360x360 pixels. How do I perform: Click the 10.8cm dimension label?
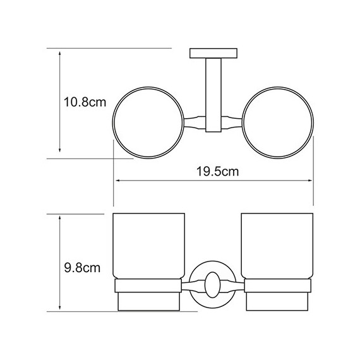coord(85,102)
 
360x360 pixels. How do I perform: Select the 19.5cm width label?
coord(218,172)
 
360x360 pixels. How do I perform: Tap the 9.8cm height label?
coord(82,268)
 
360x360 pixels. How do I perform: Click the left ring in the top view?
coord(112,123)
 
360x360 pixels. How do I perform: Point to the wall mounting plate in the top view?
coord(213,53)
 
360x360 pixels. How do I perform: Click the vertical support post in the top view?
coord(213,95)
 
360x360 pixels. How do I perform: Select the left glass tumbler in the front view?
coord(149,246)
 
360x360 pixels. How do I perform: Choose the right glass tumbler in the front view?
coord(277,246)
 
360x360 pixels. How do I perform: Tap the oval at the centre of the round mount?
coord(213,285)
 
